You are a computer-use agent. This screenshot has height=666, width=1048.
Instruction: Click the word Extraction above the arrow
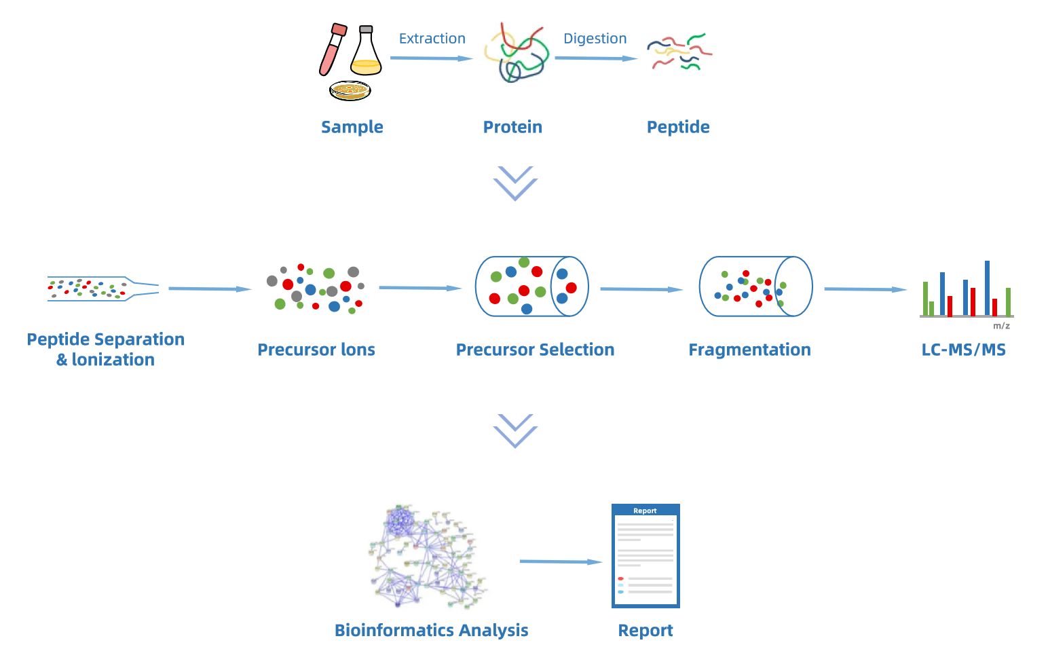(432, 39)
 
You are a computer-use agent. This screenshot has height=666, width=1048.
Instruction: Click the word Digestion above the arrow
(595, 39)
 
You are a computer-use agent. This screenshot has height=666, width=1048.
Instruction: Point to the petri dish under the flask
(350, 90)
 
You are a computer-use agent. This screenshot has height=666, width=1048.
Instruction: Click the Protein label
(512, 127)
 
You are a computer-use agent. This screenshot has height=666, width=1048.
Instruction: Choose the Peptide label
(678, 127)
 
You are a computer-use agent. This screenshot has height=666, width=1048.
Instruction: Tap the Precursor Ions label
(316, 350)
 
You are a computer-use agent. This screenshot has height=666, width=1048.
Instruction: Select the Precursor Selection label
(535, 350)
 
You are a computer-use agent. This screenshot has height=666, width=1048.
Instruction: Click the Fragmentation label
(749, 350)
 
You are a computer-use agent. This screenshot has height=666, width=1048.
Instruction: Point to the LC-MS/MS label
(963, 350)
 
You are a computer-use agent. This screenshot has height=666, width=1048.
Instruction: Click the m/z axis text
(1001, 326)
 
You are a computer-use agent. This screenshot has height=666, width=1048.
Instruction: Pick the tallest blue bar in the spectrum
(987, 289)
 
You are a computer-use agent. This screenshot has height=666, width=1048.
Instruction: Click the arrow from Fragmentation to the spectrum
(865, 289)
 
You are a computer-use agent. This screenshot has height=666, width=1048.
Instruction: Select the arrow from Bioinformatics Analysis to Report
(561, 561)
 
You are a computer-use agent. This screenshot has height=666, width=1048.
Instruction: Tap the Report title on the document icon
(645, 511)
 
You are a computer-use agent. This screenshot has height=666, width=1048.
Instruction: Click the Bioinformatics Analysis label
(431, 631)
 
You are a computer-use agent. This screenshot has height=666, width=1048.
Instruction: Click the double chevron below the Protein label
(515, 183)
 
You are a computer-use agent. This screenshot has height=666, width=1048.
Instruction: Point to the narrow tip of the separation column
(145, 289)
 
